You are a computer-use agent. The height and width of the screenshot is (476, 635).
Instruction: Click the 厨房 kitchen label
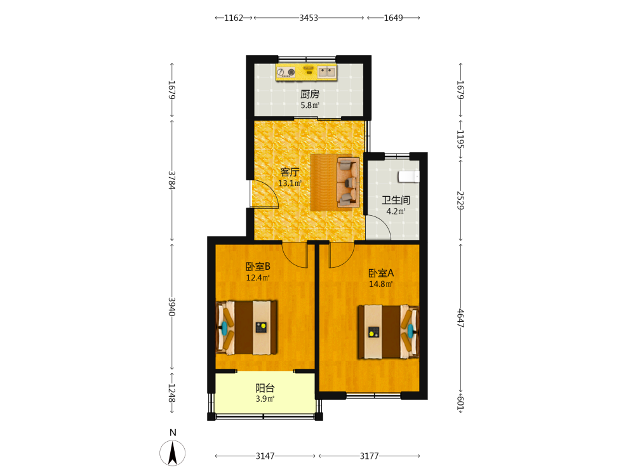tap(310, 95)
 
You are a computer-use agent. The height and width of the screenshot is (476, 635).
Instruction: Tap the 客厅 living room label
tap(290, 173)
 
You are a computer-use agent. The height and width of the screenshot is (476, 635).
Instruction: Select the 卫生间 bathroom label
tap(396, 201)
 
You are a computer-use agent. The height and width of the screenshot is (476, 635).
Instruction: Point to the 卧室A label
tap(380, 273)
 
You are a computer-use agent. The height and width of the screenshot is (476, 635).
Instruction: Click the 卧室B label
tap(258, 267)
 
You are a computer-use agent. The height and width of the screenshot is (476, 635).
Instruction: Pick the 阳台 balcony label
tap(265, 388)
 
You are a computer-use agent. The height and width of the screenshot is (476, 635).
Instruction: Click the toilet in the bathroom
tap(408, 176)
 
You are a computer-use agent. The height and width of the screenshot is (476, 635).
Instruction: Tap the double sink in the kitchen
tap(326, 72)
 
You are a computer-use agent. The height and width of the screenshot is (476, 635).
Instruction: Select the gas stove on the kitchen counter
tap(286, 72)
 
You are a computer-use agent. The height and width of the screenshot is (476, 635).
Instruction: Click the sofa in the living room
tap(348, 182)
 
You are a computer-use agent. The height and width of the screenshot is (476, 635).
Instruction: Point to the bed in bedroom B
tap(246, 327)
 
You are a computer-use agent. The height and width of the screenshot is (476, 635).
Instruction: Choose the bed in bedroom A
tap(388, 332)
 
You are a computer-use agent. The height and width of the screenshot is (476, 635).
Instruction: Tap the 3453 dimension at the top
tap(309, 18)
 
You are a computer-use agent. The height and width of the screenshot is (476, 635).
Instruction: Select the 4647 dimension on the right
tap(460, 318)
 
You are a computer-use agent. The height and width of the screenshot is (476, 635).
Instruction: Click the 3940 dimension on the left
tap(171, 307)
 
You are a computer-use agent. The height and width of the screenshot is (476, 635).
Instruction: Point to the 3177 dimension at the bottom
tap(370, 456)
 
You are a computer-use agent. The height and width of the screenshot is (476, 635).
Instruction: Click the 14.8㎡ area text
tap(380, 284)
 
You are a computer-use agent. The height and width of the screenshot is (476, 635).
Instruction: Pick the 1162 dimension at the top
tap(234, 18)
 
